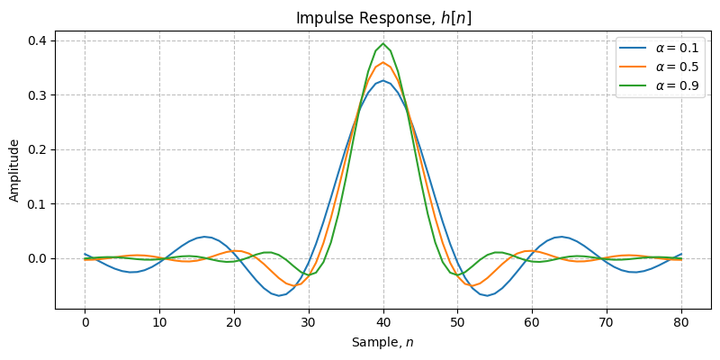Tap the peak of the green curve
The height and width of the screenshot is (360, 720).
click(383, 43)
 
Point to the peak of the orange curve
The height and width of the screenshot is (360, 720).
click(383, 62)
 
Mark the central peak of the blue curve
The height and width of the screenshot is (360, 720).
click(383, 80)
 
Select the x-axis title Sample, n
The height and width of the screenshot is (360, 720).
click(382, 343)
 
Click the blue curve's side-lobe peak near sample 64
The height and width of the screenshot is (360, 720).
click(562, 237)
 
